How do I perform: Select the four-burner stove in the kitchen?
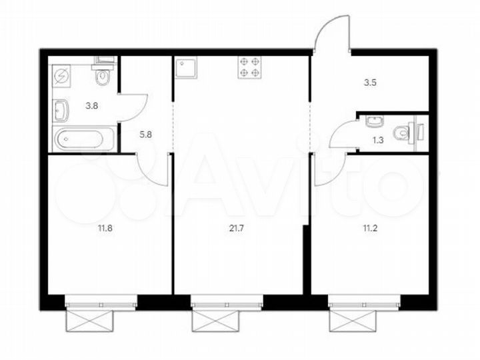pyautogui.click(x=250, y=68)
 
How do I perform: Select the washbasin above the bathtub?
pyautogui.click(x=60, y=107)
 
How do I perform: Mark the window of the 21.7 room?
pyautogui.click(x=227, y=305)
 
